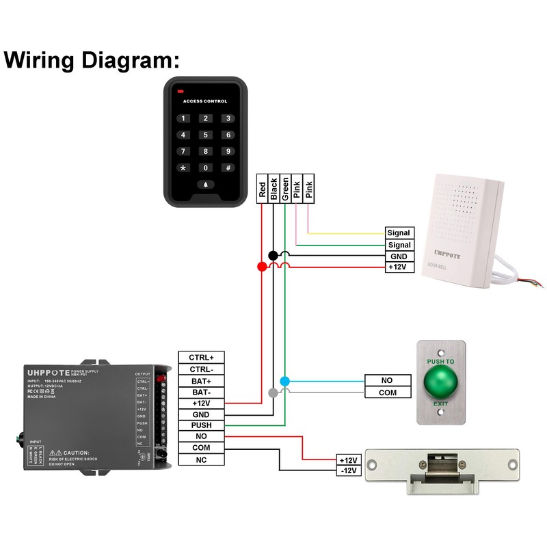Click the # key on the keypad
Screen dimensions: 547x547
[x=228, y=168]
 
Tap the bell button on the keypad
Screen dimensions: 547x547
[x=205, y=185]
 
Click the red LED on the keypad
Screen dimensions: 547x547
[x=181, y=92]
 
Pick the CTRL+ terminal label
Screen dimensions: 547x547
[x=202, y=357]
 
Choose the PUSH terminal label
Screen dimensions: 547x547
[x=202, y=425]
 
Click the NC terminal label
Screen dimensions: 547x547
[x=202, y=459]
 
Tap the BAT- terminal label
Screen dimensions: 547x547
[x=202, y=392]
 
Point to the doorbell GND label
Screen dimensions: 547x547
[x=399, y=256]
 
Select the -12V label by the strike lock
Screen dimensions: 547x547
[x=349, y=471]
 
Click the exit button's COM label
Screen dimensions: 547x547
[x=388, y=392]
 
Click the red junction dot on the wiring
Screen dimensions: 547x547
[x=261, y=266]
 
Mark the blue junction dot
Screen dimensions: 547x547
[x=285, y=381]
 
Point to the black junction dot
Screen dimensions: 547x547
[x=273, y=255]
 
